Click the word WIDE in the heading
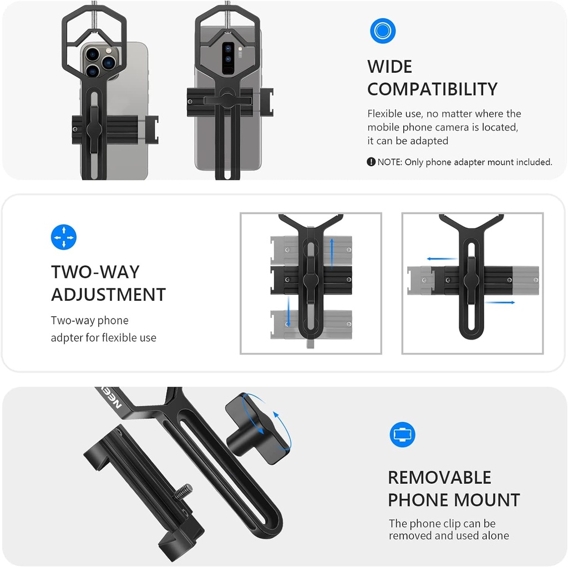coord(389,67)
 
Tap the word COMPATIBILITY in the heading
coord(432,89)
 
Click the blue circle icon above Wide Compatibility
coord(382,31)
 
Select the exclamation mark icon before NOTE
coord(371,162)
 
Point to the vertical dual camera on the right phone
coord(228,58)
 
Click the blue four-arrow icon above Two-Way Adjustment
coord(63,237)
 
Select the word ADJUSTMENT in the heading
coord(108,295)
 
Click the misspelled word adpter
coord(67,338)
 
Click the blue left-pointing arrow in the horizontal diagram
coord(440,259)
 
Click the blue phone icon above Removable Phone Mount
coord(402,434)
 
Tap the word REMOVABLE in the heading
coord(439,478)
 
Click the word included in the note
coord(532,162)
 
